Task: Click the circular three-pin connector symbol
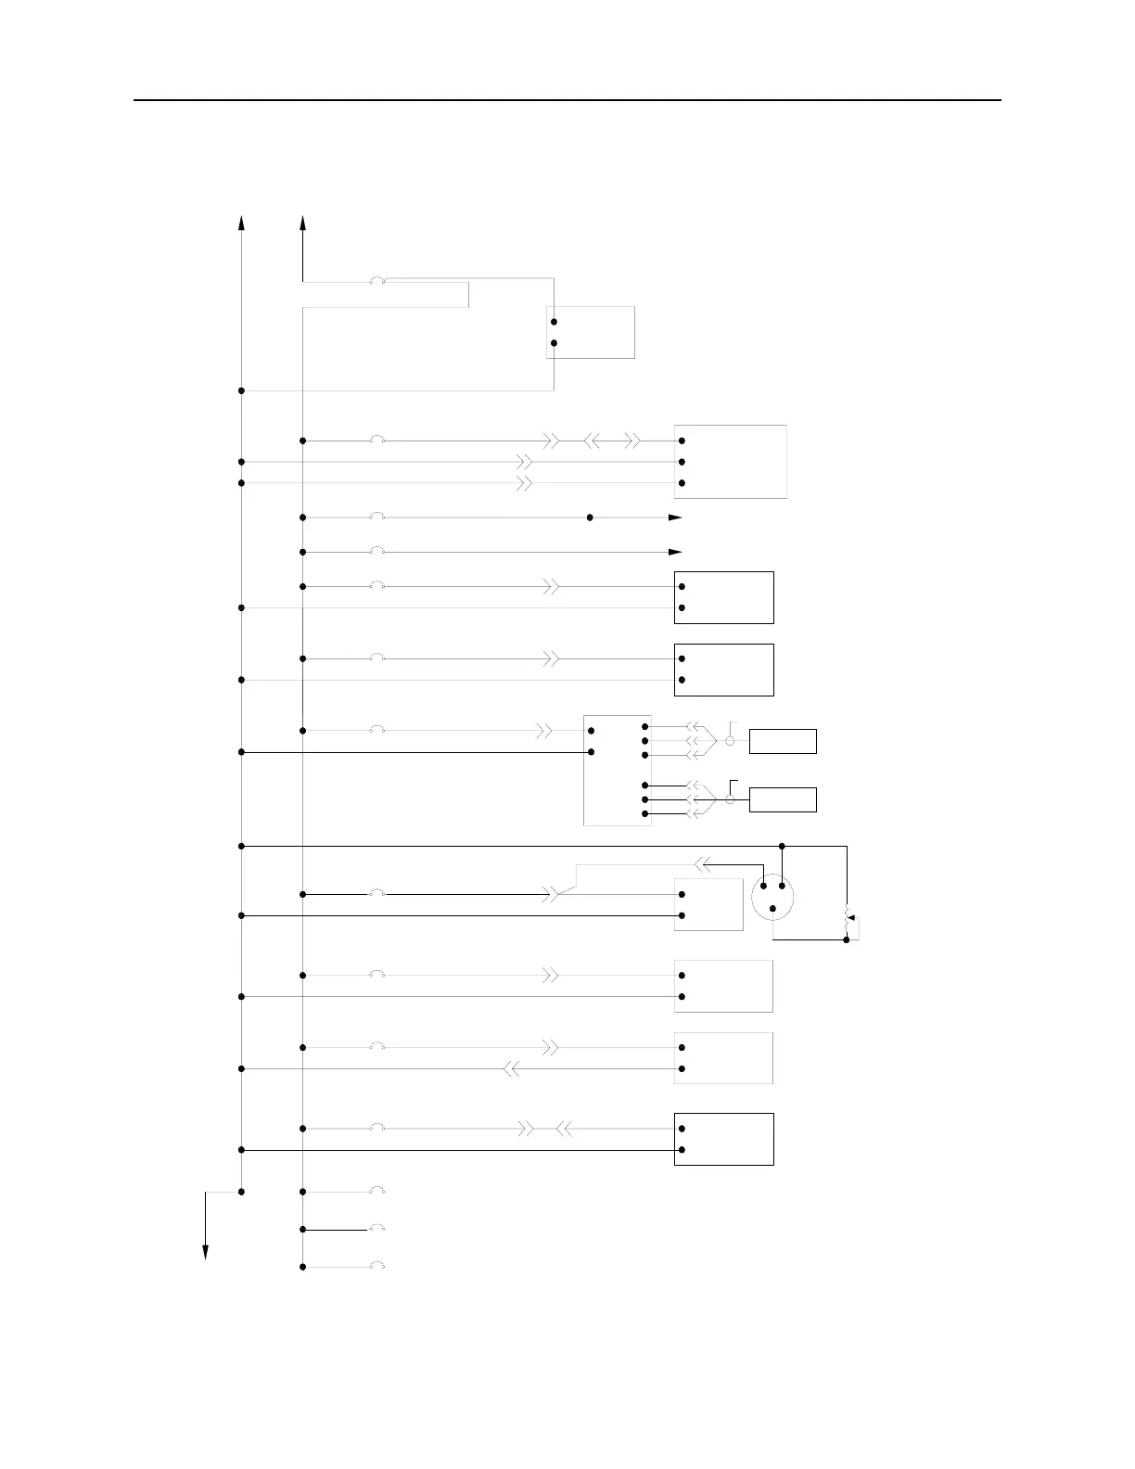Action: pos(772,897)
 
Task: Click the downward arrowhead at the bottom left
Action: pos(205,1253)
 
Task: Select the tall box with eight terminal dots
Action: pos(618,770)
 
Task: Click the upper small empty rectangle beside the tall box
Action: pos(783,742)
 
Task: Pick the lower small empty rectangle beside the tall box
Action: pos(783,799)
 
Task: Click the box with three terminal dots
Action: pos(731,462)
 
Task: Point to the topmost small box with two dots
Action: pos(591,332)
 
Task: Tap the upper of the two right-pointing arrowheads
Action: pos(676,517)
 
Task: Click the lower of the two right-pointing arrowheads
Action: pos(676,553)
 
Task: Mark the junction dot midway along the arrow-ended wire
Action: pos(590,517)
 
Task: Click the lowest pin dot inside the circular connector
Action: pos(772,908)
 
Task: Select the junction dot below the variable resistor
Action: pos(847,939)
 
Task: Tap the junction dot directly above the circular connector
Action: pos(782,846)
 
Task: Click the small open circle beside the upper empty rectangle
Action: pos(730,742)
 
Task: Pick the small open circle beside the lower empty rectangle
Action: pos(730,799)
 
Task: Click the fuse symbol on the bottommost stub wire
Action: pos(376,1266)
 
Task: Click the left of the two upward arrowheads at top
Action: pos(241,223)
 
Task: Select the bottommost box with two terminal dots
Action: pos(723,1139)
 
